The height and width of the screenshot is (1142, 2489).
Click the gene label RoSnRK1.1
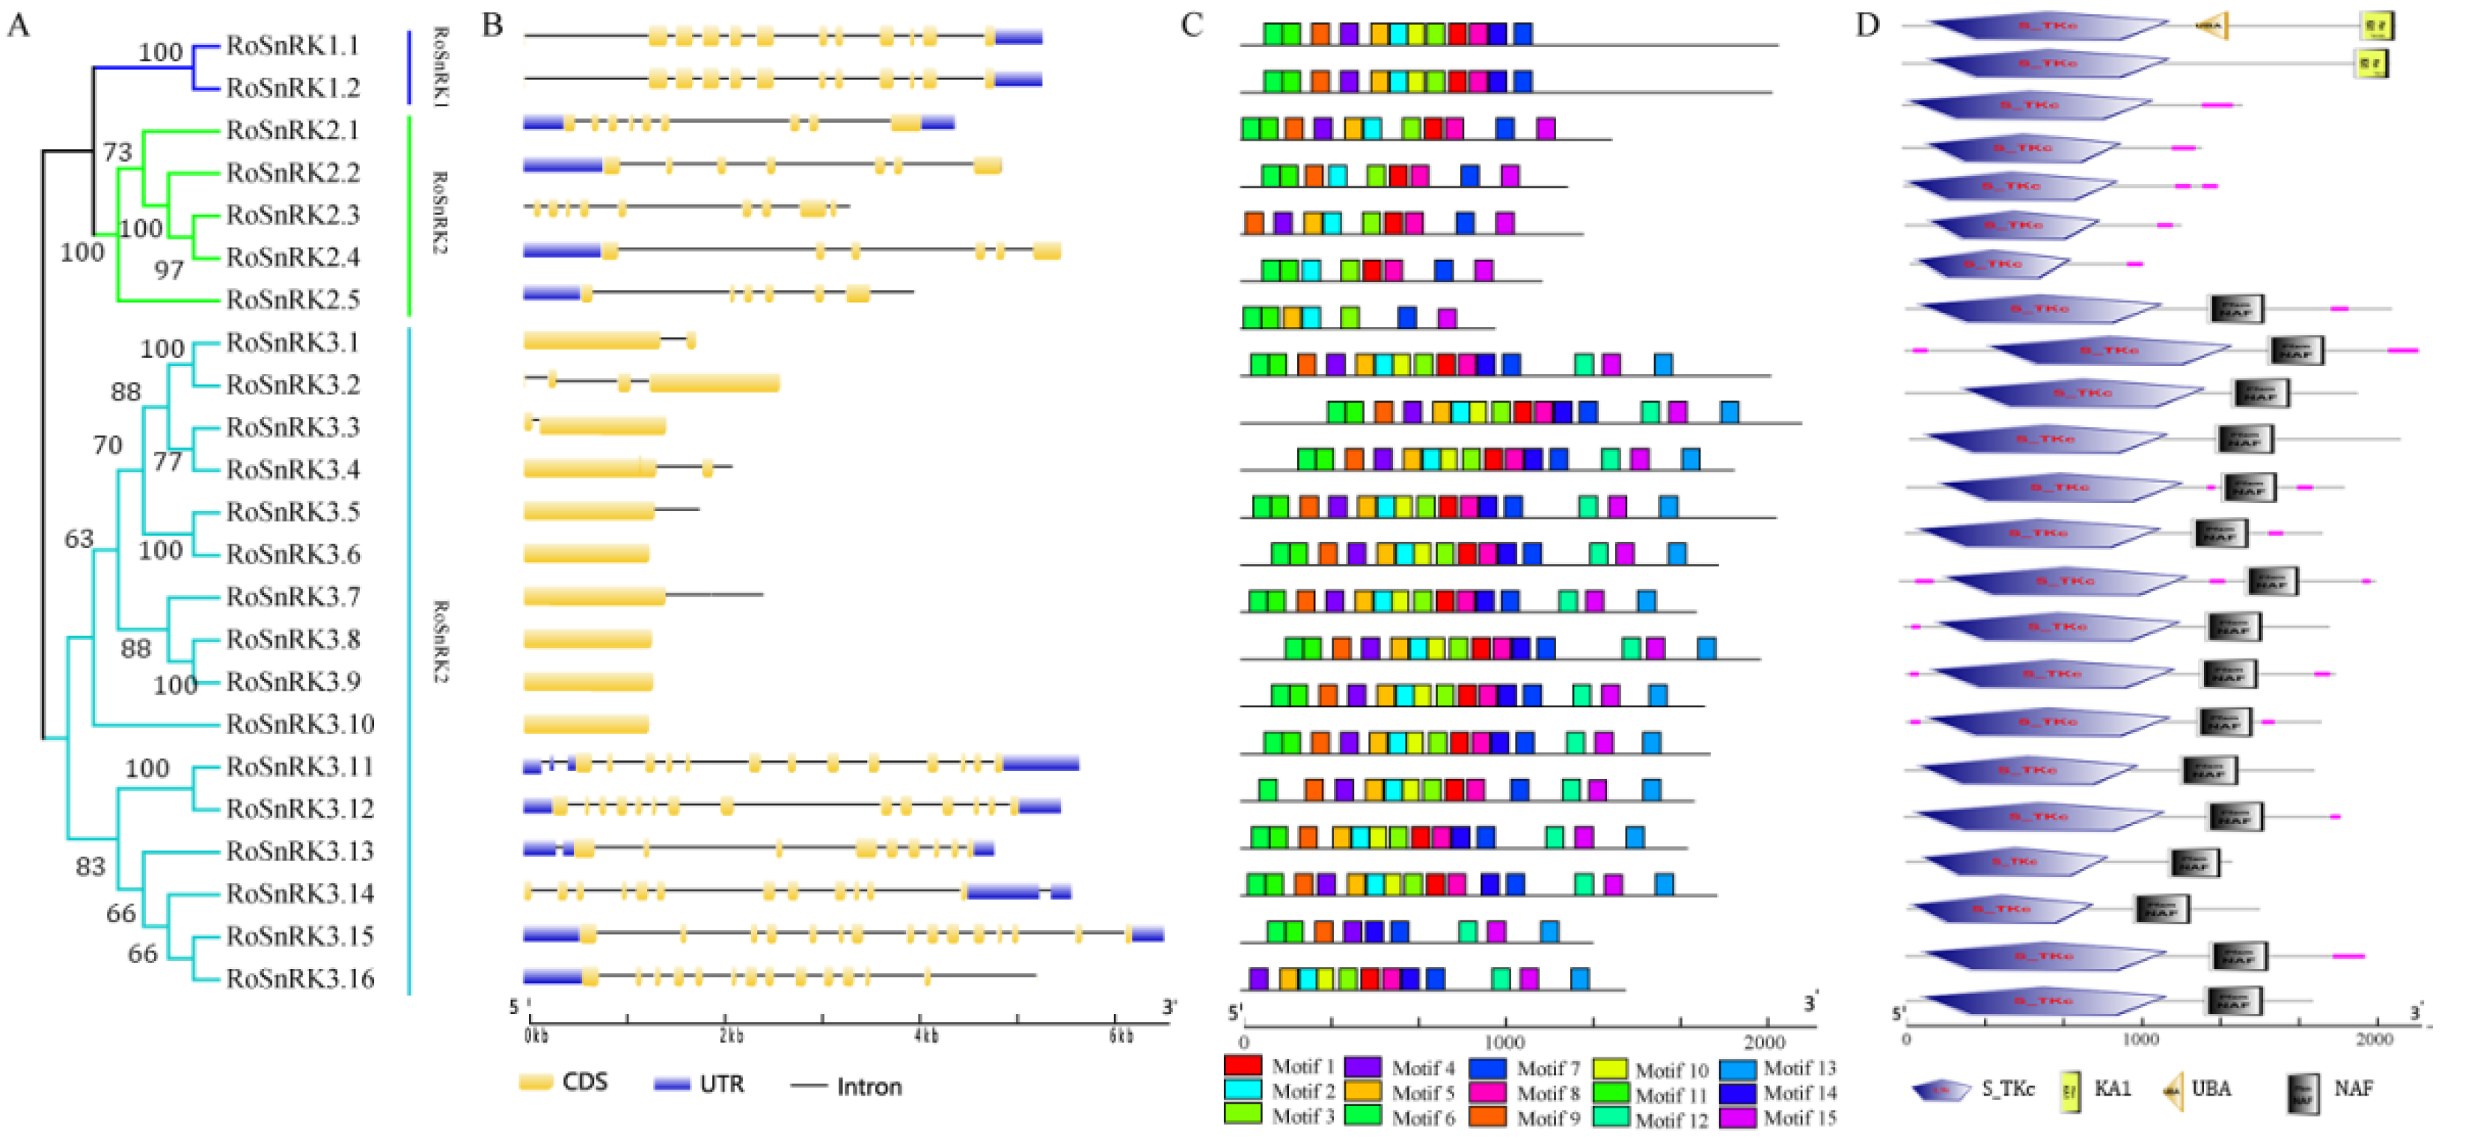[x=292, y=46]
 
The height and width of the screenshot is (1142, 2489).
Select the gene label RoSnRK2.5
[x=292, y=299]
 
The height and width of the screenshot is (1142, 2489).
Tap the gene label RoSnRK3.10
[x=299, y=724]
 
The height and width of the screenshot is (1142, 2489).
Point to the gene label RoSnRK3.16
[x=299, y=979]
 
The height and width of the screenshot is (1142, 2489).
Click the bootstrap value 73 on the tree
[x=117, y=152]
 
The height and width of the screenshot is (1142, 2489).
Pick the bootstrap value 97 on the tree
[x=169, y=270]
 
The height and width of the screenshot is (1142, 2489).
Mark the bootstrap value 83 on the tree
[x=90, y=867]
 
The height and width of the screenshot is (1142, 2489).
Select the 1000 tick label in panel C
[x=1504, y=1042]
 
